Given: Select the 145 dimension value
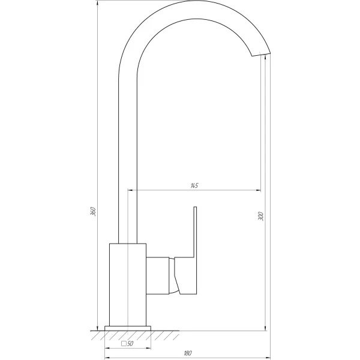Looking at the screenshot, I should (x=194, y=186).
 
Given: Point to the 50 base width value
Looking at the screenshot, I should (x=130, y=344).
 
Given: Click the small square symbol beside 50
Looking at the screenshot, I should (x=124, y=344).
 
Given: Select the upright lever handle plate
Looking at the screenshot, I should (x=195, y=234).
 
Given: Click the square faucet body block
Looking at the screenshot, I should (x=128, y=285).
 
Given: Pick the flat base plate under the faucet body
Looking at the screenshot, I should (x=128, y=328).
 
